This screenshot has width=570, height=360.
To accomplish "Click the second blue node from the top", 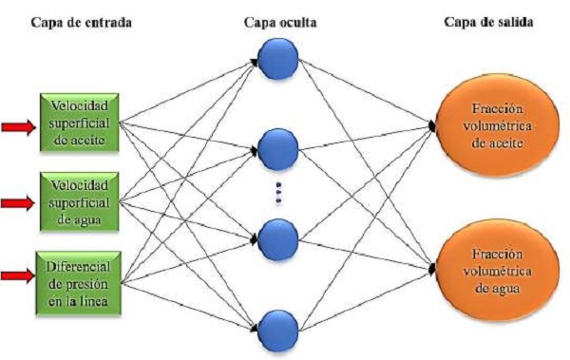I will point(279,148).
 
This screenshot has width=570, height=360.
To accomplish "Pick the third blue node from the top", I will point(279,236).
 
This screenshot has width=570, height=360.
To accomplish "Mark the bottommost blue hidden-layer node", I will point(279,323).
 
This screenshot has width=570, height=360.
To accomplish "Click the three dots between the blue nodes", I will point(279,192).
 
